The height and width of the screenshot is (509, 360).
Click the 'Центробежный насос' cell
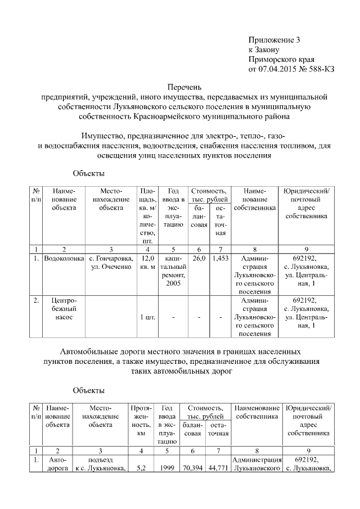point(64,309)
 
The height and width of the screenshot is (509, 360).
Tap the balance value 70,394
point(193,467)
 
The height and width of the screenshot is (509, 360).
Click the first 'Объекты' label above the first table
point(89,173)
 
